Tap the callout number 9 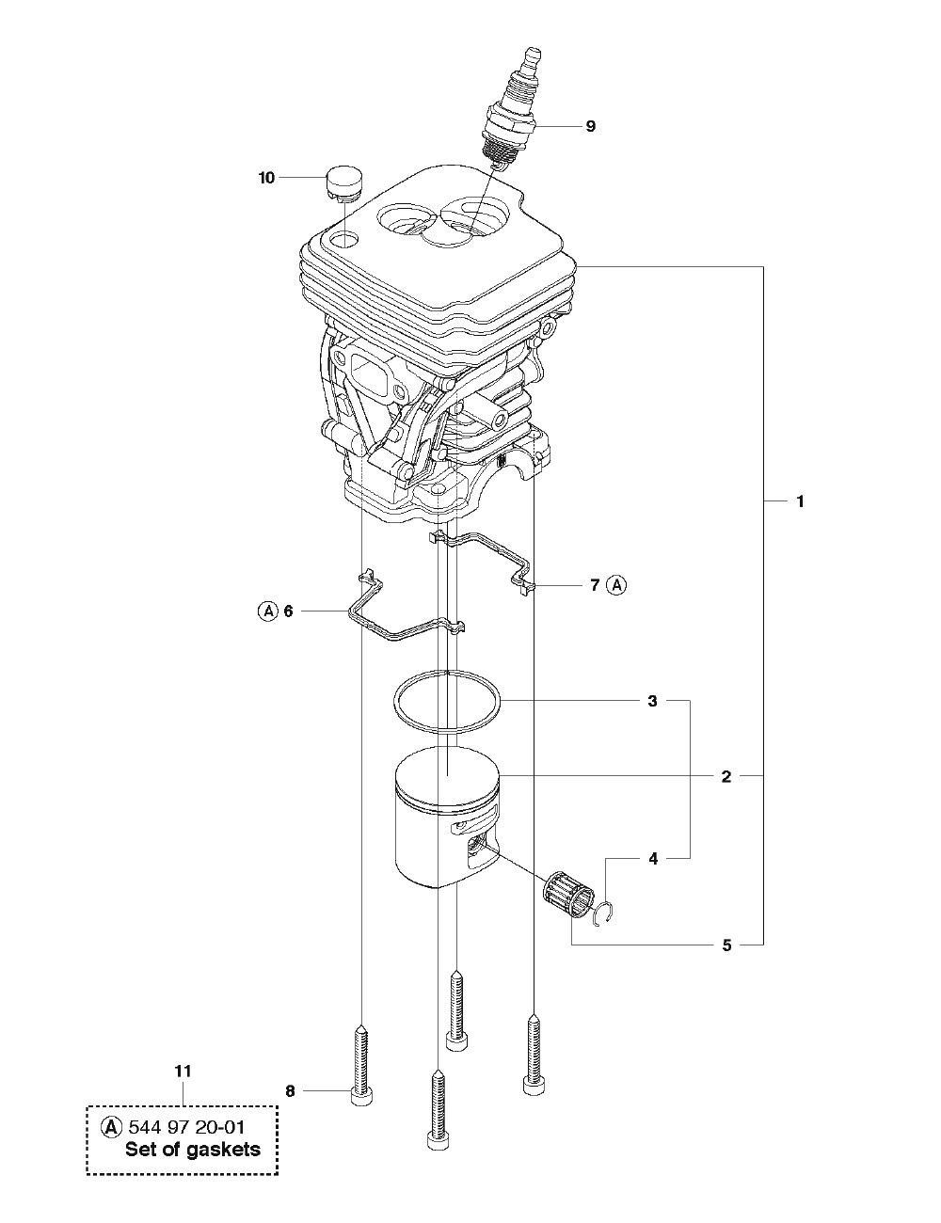tap(590, 126)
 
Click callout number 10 tap(266, 178)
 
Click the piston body tap(447, 816)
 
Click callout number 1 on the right tap(800, 501)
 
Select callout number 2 tap(726, 777)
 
